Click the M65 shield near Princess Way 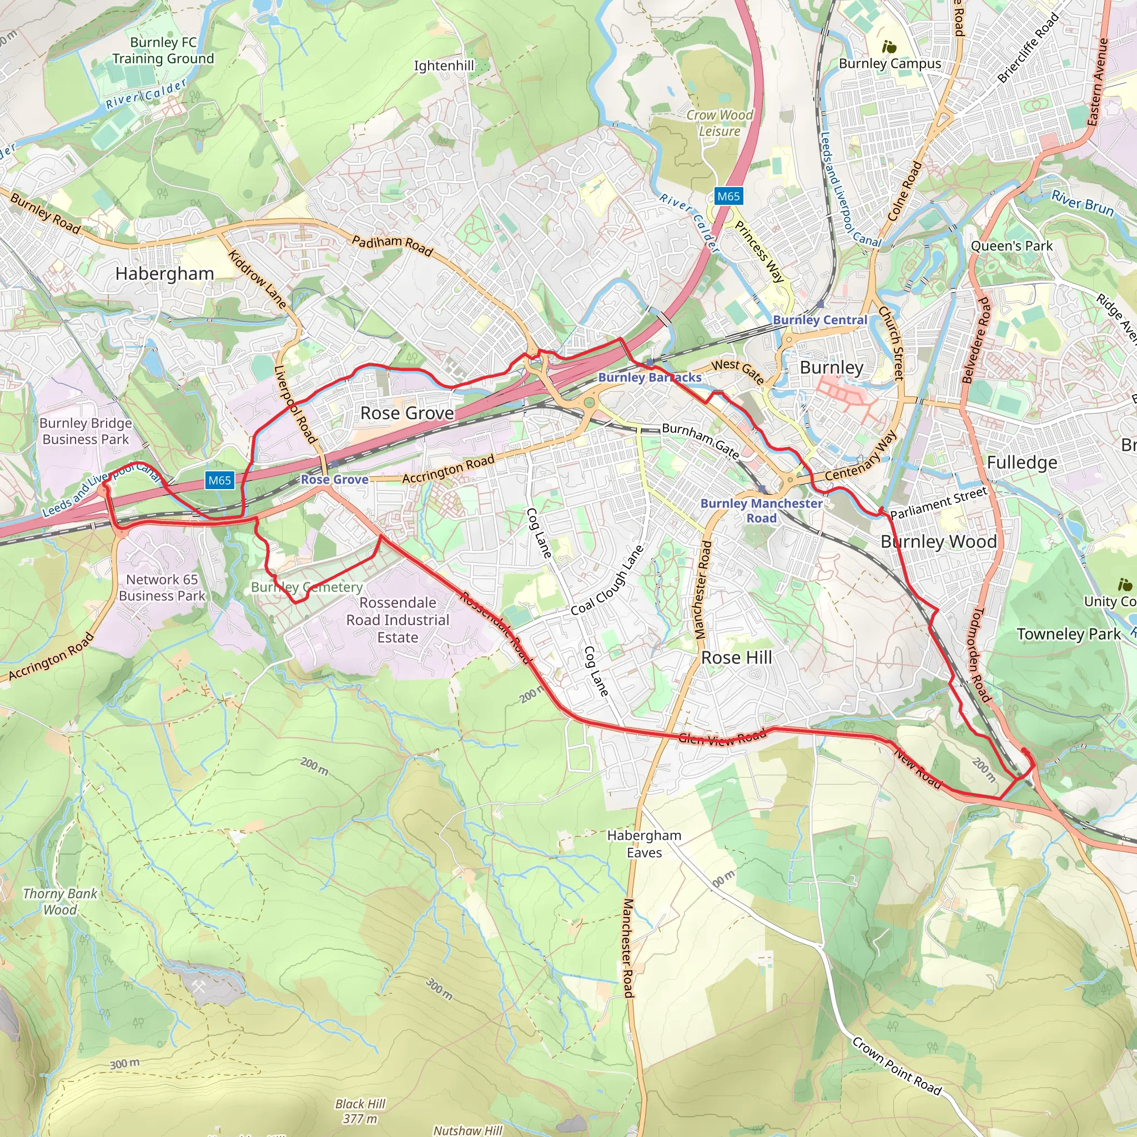pos(728,196)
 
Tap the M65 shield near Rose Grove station pos(219,480)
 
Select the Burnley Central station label pos(820,320)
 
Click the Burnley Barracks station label pos(650,377)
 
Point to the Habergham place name pos(165,274)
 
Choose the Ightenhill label pos(444,66)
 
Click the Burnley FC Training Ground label pos(163,51)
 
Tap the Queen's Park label pos(1012,246)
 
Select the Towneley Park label pos(1069,634)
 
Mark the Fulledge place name pos(1022,462)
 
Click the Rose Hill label pos(737,657)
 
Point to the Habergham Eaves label pos(645,843)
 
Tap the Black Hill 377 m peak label pos(360,1110)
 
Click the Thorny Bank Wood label pos(60,902)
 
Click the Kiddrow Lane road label pos(257,279)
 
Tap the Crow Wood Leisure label pos(719,123)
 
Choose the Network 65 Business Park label pos(162,587)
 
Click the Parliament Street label pos(938,503)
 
